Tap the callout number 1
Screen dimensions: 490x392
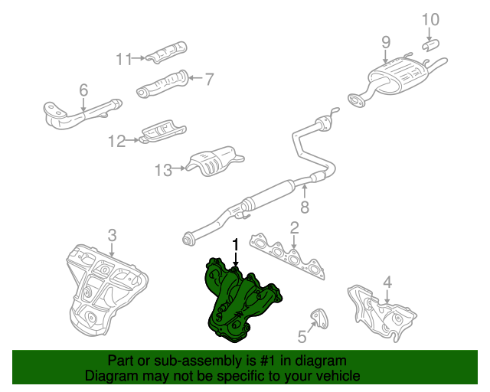tap(236, 245)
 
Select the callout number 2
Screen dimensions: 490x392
tap(294, 228)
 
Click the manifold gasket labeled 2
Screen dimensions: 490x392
tap(288, 257)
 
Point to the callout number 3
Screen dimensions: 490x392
tap(113, 236)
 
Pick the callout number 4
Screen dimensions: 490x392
tap(387, 283)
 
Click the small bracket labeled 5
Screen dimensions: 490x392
tap(321, 318)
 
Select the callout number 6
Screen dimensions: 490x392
tap(83, 90)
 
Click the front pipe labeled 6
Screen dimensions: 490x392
tap(82, 114)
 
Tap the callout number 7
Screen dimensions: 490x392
tap(209, 79)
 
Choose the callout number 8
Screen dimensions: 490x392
tap(305, 207)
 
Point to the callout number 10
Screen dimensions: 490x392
tap(430, 19)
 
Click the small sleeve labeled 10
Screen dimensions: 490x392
tap(430, 44)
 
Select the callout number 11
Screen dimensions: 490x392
tap(124, 59)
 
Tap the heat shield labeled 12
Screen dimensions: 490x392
tap(163, 131)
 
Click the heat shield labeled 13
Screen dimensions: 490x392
tap(215, 161)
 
